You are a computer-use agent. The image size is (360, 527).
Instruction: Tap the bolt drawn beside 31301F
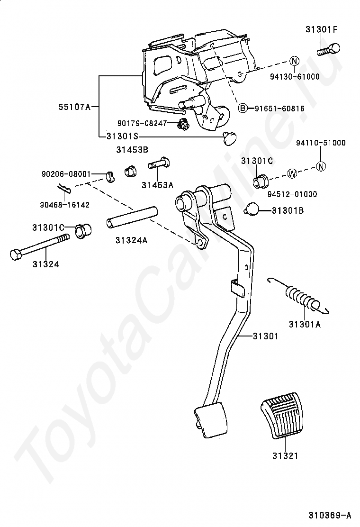tap(329, 49)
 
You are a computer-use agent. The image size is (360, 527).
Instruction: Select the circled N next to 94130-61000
tap(294, 61)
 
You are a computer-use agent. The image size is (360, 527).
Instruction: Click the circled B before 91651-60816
tap(242, 109)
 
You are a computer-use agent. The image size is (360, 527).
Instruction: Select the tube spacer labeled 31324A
tap(131, 217)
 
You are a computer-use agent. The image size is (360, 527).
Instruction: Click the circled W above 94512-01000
tap(292, 173)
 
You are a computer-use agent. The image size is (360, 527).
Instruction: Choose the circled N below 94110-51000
tap(321, 166)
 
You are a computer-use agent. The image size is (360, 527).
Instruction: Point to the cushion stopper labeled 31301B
tap(253, 209)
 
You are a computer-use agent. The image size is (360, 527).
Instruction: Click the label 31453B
tap(133, 150)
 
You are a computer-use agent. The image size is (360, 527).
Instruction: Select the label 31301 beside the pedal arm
tap(265, 336)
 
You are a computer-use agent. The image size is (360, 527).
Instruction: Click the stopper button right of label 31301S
tap(230, 138)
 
